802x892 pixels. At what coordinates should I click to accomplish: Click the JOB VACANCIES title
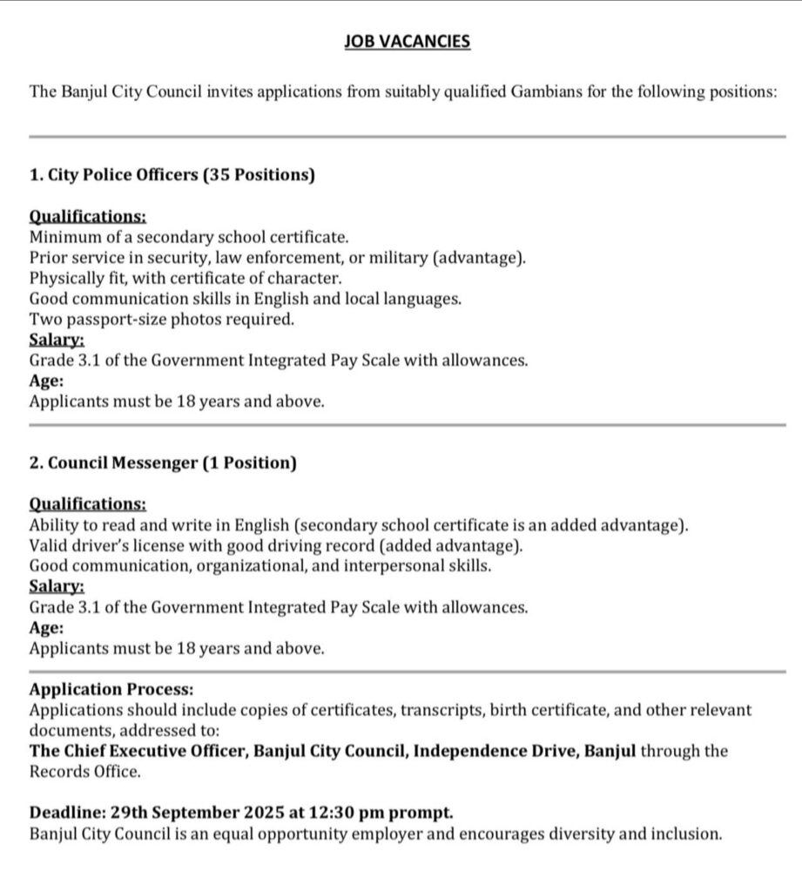click(407, 41)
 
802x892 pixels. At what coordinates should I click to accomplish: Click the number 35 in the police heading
click(219, 175)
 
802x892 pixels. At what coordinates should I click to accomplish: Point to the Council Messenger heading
click(123, 463)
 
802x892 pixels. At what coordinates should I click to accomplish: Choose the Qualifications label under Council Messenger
click(87, 504)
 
